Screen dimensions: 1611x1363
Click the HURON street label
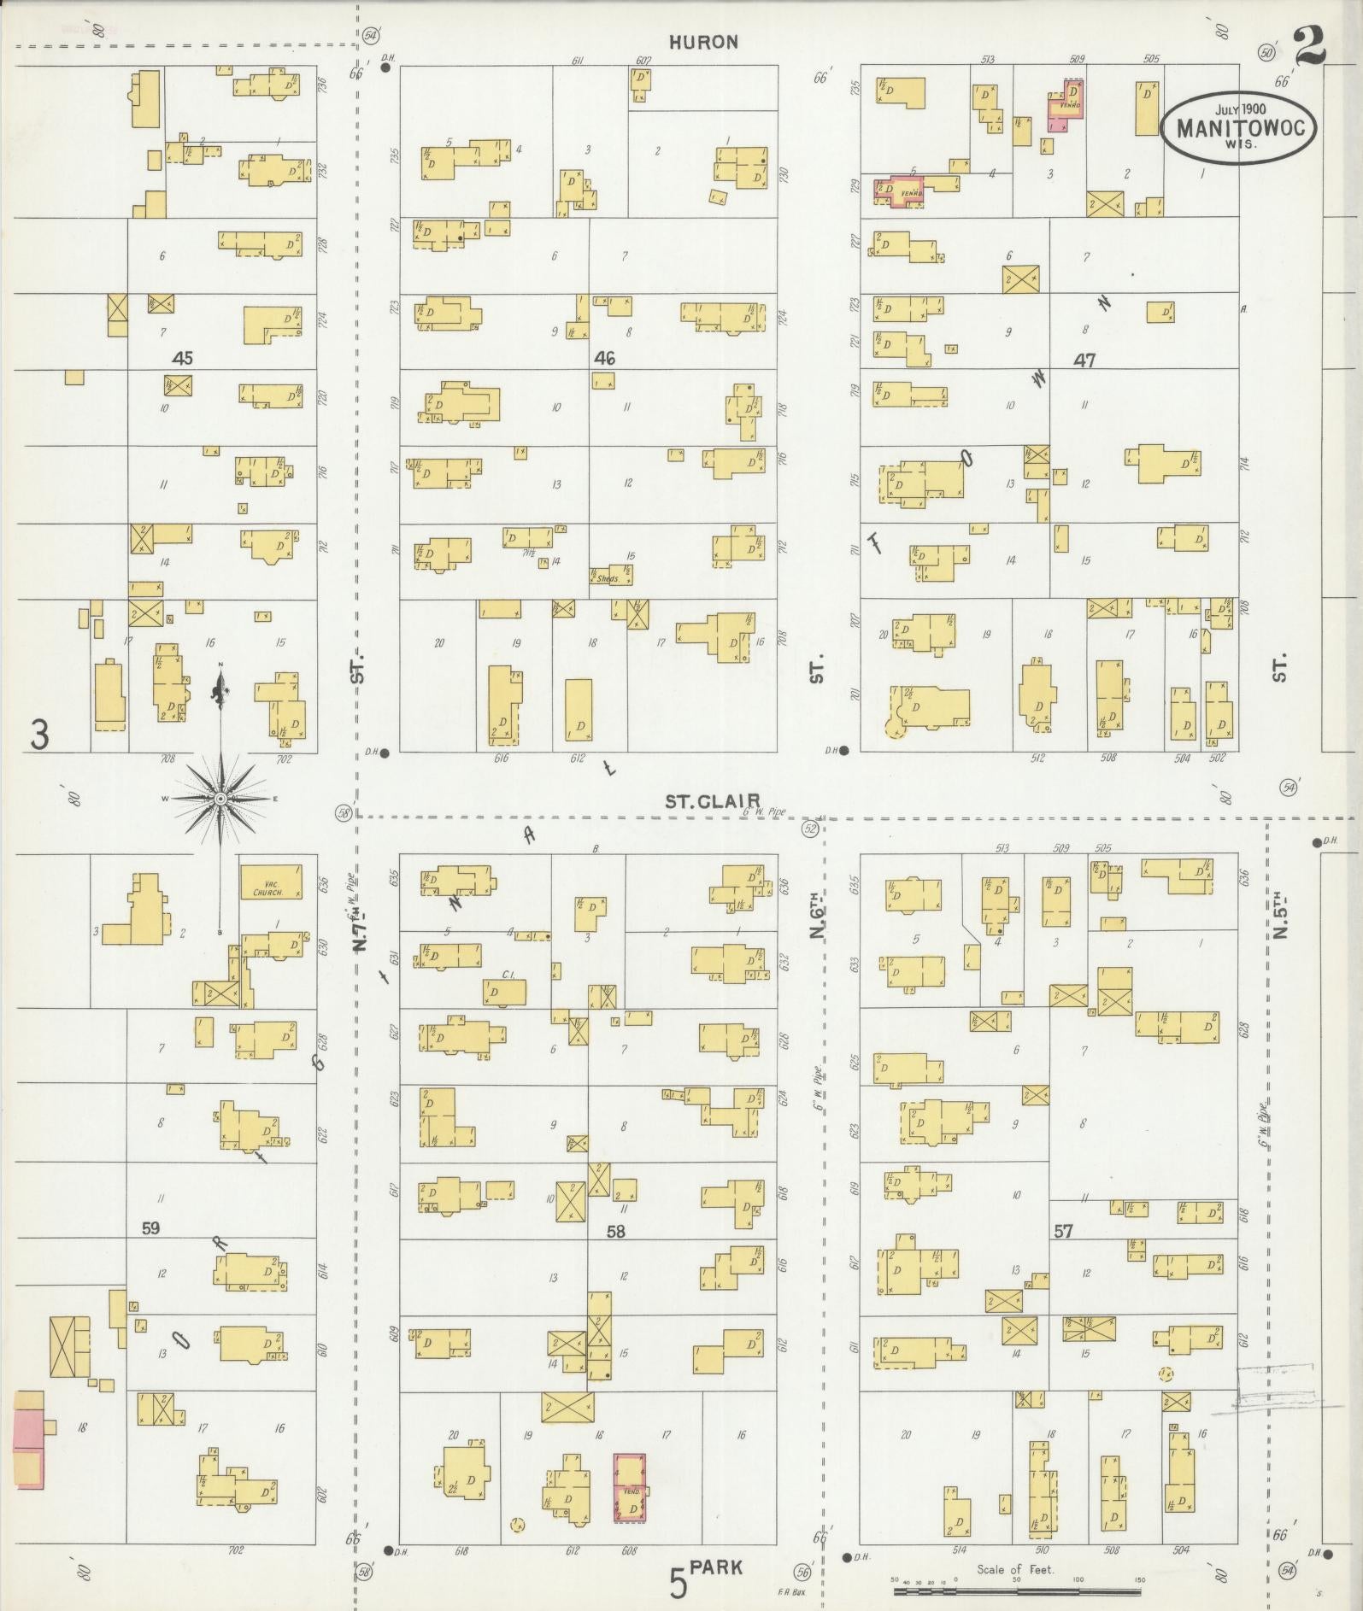coord(702,42)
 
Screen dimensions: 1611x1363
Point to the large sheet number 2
coord(1309,47)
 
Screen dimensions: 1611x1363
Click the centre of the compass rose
coord(220,798)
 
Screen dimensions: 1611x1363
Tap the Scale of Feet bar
coord(1017,1590)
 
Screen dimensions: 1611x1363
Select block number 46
coord(605,358)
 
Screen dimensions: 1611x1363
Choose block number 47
coord(1084,360)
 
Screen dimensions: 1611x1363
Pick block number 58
coord(615,1231)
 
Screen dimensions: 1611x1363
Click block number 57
coord(1063,1231)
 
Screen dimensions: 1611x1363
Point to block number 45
coord(181,358)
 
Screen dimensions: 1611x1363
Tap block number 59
coord(150,1228)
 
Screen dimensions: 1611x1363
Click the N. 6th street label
coord(818,916)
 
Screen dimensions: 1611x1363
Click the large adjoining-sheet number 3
coord(39,735)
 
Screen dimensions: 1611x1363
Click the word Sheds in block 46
coord(609,579)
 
